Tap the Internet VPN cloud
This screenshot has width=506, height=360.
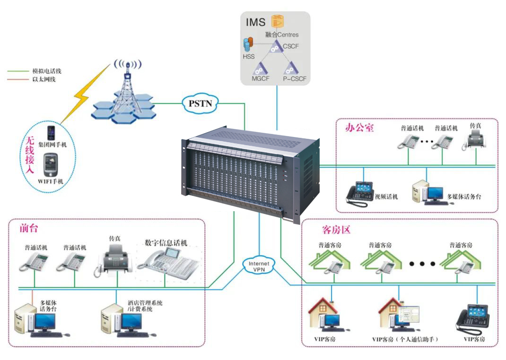[x=258, y=265]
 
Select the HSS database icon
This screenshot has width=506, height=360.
[x=246, y=45]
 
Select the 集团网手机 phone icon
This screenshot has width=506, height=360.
[x=51, y=132]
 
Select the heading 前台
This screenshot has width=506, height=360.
[x=29, y=228]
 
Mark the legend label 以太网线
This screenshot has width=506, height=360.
[x=44, y=79]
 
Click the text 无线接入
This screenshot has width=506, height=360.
[x=29, y=156]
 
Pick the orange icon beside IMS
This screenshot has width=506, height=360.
[x=277, y=21]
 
